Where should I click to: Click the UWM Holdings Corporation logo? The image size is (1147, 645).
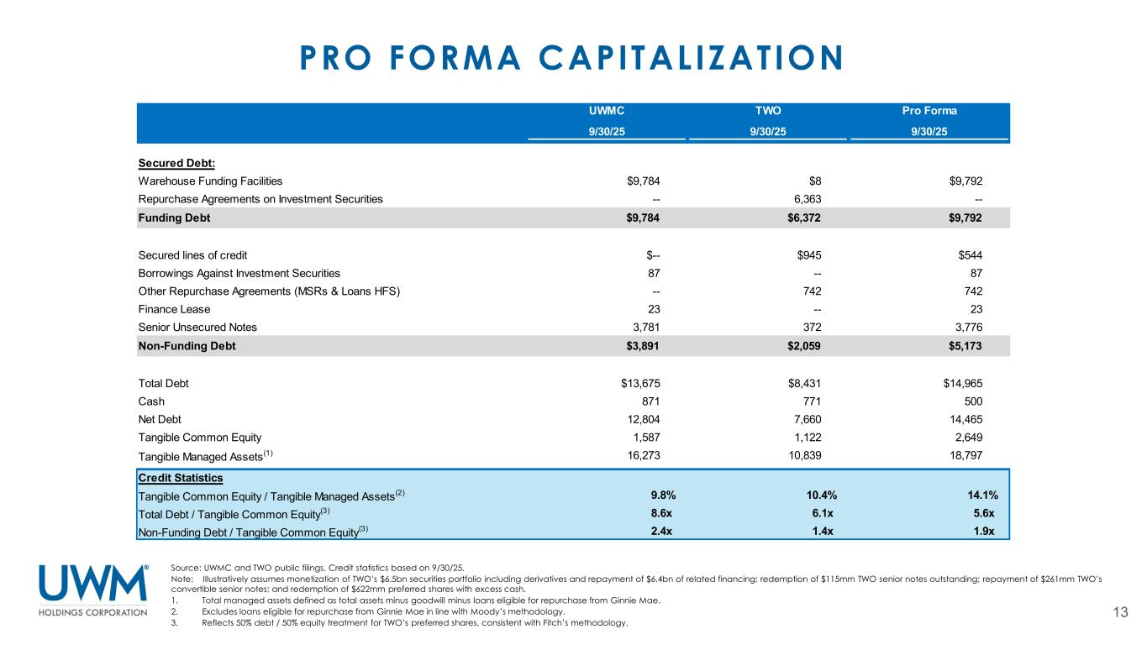coord(93,590)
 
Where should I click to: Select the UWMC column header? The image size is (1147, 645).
coord(606,110)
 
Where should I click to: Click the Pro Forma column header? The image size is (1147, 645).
coord(929,110)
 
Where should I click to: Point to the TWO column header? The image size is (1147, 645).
coord(767,110)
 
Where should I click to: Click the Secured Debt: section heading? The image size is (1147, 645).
coord(171,163)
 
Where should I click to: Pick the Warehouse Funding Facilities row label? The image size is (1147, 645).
coord(210,181)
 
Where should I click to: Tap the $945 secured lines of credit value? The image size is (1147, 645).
coord(808,254)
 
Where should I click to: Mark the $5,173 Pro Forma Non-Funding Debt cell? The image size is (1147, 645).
coord(965,346)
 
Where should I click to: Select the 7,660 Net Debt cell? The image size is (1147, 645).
coord(804,419)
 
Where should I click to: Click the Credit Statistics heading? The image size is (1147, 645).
coord(180,478)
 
